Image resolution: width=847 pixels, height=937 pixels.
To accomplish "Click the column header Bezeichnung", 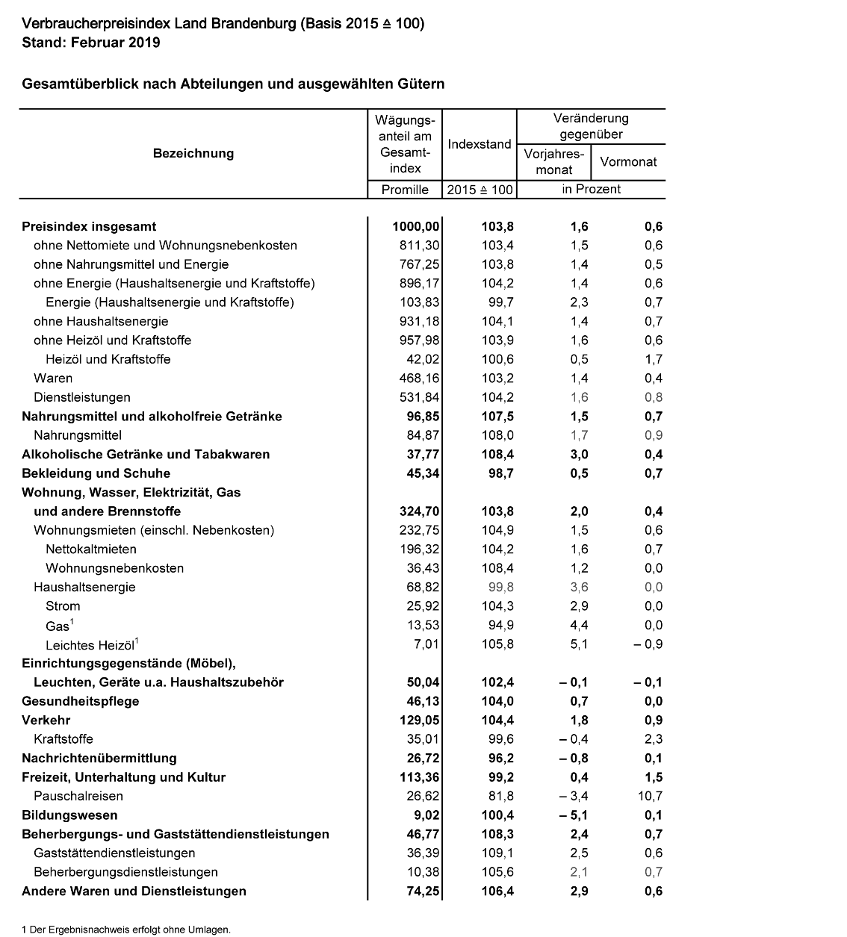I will [x=193, y=154].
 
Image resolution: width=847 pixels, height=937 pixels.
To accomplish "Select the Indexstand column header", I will [x=480, y=144].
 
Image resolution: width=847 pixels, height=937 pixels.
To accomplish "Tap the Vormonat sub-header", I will [x=628, y=161].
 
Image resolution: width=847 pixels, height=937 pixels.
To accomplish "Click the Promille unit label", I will [x=405, y=190].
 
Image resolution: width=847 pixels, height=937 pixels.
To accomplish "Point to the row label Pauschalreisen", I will [x=78, y=797].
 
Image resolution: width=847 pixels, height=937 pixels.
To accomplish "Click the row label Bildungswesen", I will [x=69, y=815].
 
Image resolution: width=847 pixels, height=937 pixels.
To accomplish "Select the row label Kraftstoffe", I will [x=63, y=739].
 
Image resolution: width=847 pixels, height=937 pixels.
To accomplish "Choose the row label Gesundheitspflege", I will [x=81, y=701].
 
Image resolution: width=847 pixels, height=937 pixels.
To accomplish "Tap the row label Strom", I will [x=63, y=606].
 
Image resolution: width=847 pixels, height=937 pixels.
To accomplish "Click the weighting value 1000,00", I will [x=416, y=227].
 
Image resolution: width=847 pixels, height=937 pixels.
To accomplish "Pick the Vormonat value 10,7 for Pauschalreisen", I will [x=649, y=797].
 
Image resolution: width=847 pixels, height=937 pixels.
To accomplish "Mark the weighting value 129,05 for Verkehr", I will [x=418, y=720].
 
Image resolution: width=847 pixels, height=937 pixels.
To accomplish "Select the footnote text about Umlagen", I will [x=126, y=930].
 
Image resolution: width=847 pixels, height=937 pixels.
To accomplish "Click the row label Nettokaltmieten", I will [x=91, y=550].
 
